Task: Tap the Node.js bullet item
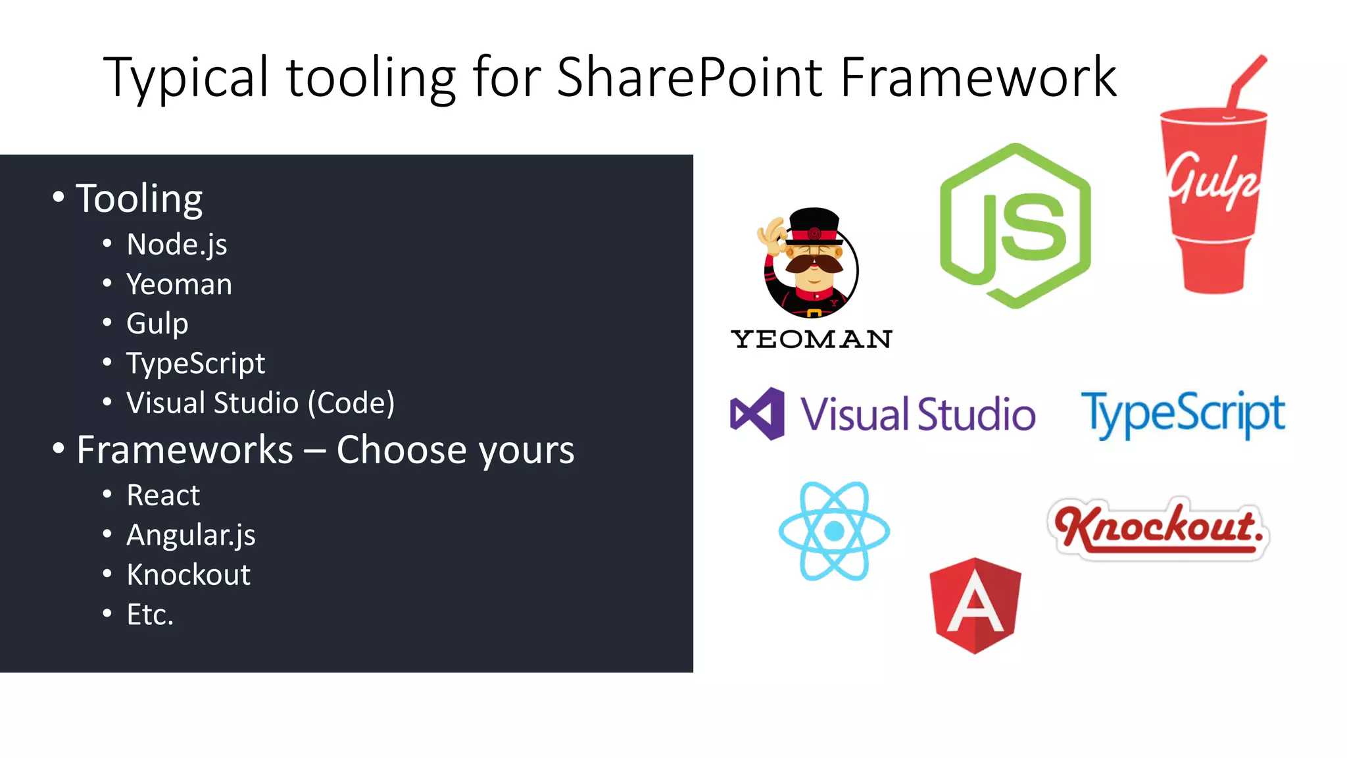176,245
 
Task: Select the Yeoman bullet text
179,284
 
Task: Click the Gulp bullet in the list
157,324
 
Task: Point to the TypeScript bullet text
195,363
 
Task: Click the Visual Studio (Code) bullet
260,403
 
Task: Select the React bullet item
163,495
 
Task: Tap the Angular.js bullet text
191,535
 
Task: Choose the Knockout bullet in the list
188,575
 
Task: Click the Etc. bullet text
150,615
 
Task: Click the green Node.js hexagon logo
1015,226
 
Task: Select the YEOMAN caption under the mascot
811,340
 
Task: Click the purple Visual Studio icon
758,414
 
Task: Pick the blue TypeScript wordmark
1183,413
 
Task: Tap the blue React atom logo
834,531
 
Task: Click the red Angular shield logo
975,605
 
